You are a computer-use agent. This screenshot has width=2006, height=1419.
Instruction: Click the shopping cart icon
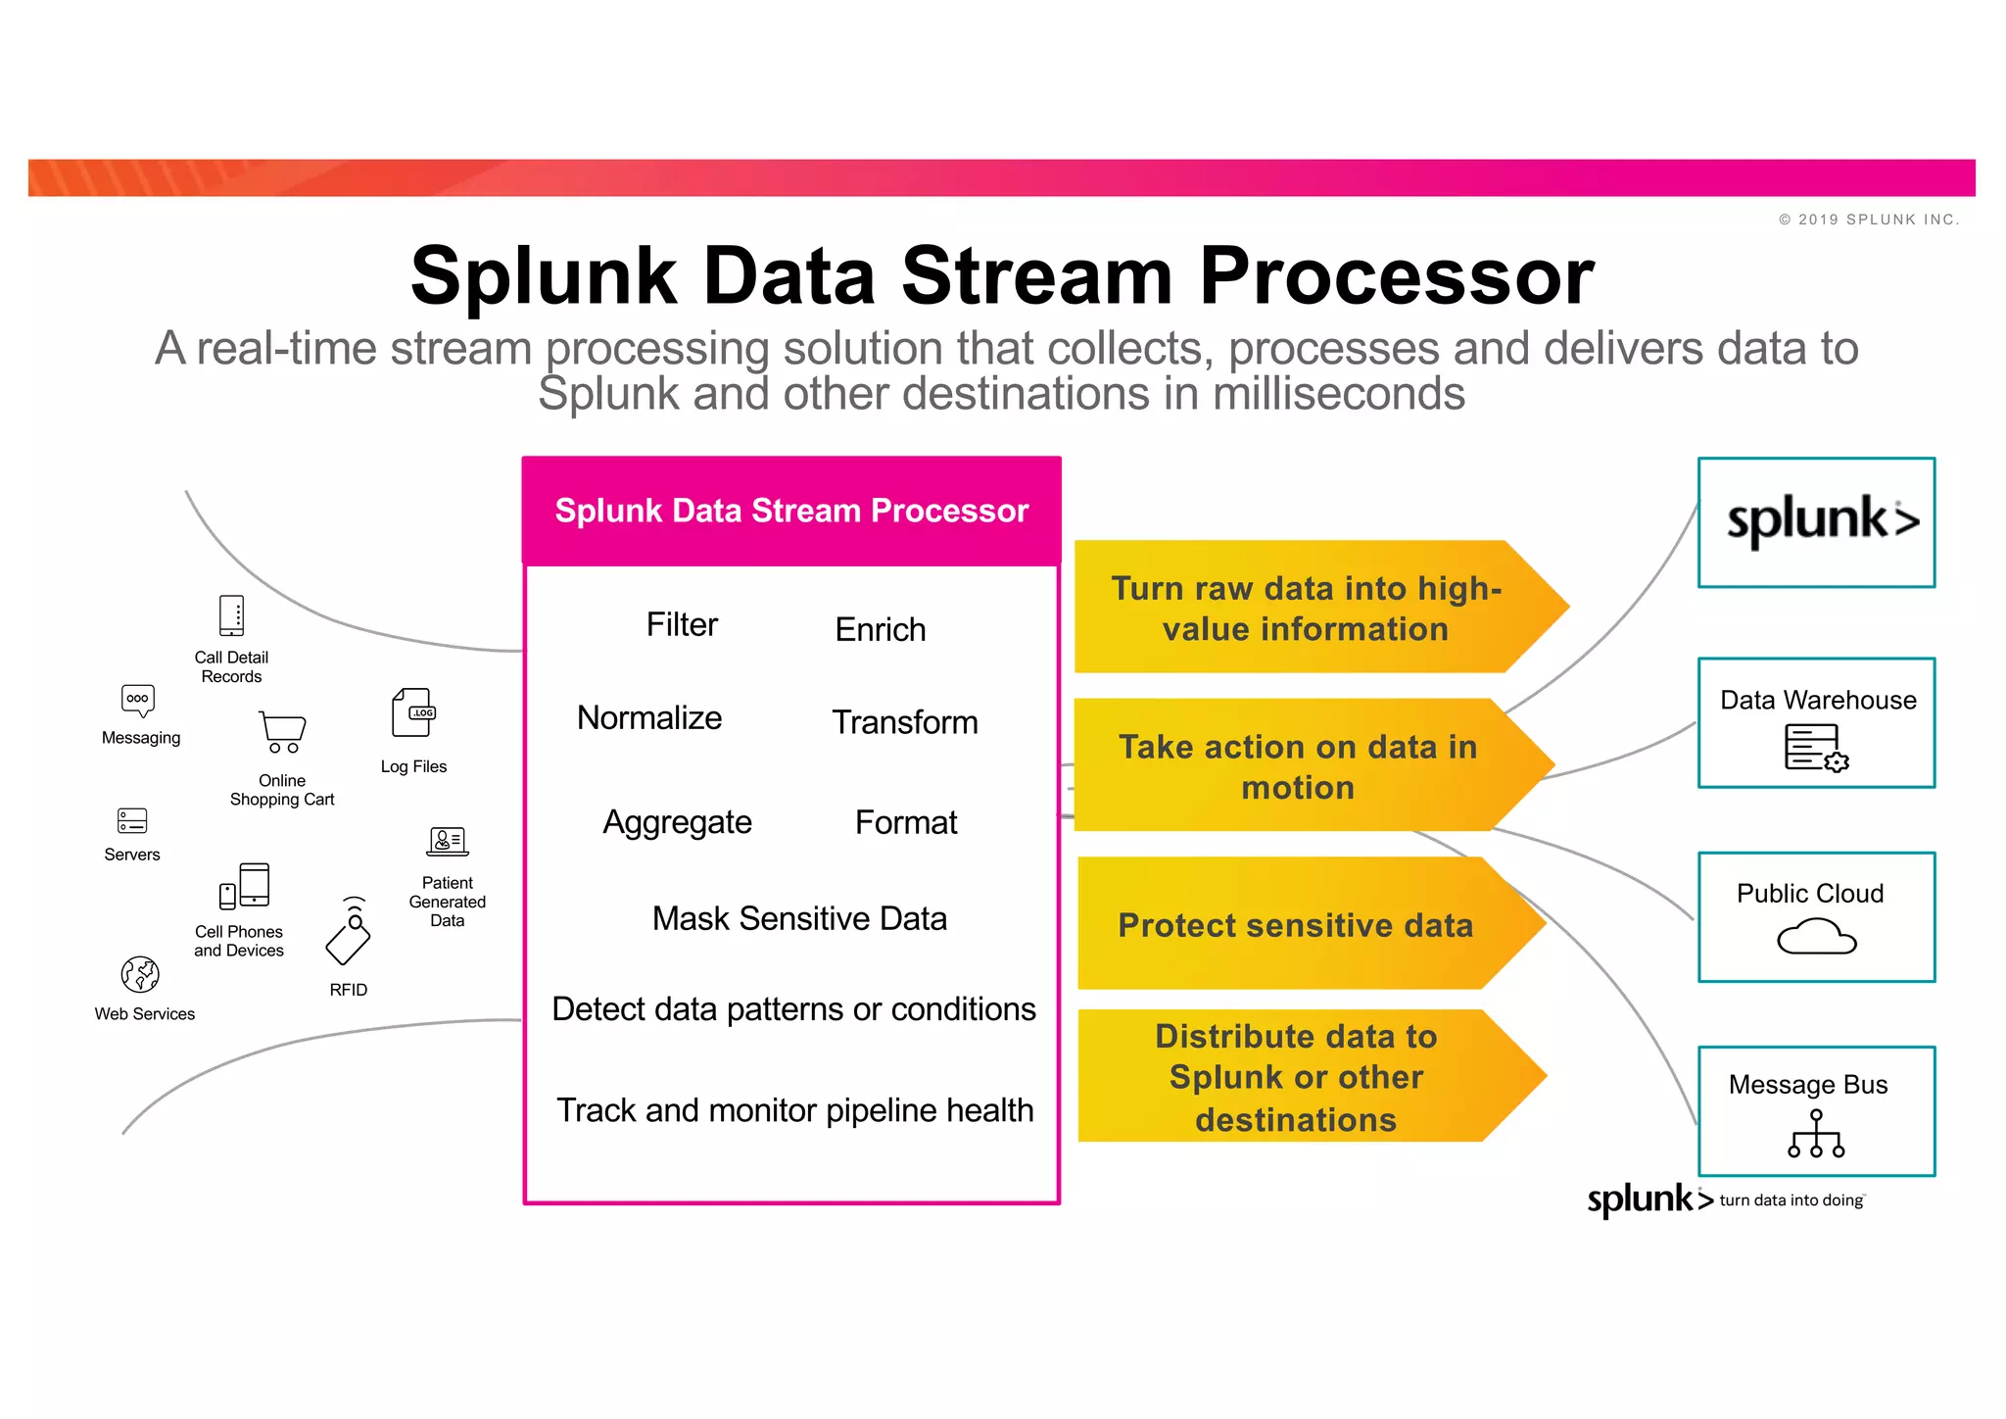pyautogui.click(x=282, y=732)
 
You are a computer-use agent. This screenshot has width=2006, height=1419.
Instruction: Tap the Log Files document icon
pyautogui.click(x=412, y=712)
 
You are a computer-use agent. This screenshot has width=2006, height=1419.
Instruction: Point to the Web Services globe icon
pyautogui.click(x=140, y=974)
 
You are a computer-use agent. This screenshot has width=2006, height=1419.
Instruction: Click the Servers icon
pyautogui.click(x=132, y=820)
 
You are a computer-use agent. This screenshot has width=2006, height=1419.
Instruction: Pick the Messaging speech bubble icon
pyautogui.click(x=138, y=700)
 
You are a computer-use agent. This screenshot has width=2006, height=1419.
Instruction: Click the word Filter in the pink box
pyautogui.click(x=682, y=624)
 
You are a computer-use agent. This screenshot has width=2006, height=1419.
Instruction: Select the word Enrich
pyautogui.click(x=880, y=629)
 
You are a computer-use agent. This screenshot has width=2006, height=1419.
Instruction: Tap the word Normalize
pyautogui.click(x=649, y=717)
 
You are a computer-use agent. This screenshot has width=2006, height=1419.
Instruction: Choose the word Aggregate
pyautogui.click(x=677, y=821)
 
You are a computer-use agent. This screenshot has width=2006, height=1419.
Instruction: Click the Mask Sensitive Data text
pyautogui.click(x=799, y=918)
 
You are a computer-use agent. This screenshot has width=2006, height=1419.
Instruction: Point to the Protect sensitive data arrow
pyautogui.click(x=1296, y=924)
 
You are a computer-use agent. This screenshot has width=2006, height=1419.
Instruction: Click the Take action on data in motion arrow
pyautogui.click(x=1298, y=766)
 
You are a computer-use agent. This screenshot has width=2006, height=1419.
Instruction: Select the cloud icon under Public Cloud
pyautogui.click(x=1816, y=937)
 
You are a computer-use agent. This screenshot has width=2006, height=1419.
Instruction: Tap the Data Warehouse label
pyautogui.click(x=1818, y=700)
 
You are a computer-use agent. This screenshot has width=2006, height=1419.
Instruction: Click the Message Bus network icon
pyautogui.click(x=1816, y=1134)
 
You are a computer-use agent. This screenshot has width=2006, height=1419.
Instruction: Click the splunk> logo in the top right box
pyautogui.click(x=1821, y=521)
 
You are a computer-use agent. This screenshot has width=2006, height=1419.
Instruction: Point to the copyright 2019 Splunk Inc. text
pyautogui.click(x=1869, y=220)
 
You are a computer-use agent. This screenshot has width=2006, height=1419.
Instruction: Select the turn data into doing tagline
pyautogui.click(x=1791, y=1200)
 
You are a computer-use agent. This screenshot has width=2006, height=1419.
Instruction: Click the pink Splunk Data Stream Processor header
pyautogui.click(x=791, y=511)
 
